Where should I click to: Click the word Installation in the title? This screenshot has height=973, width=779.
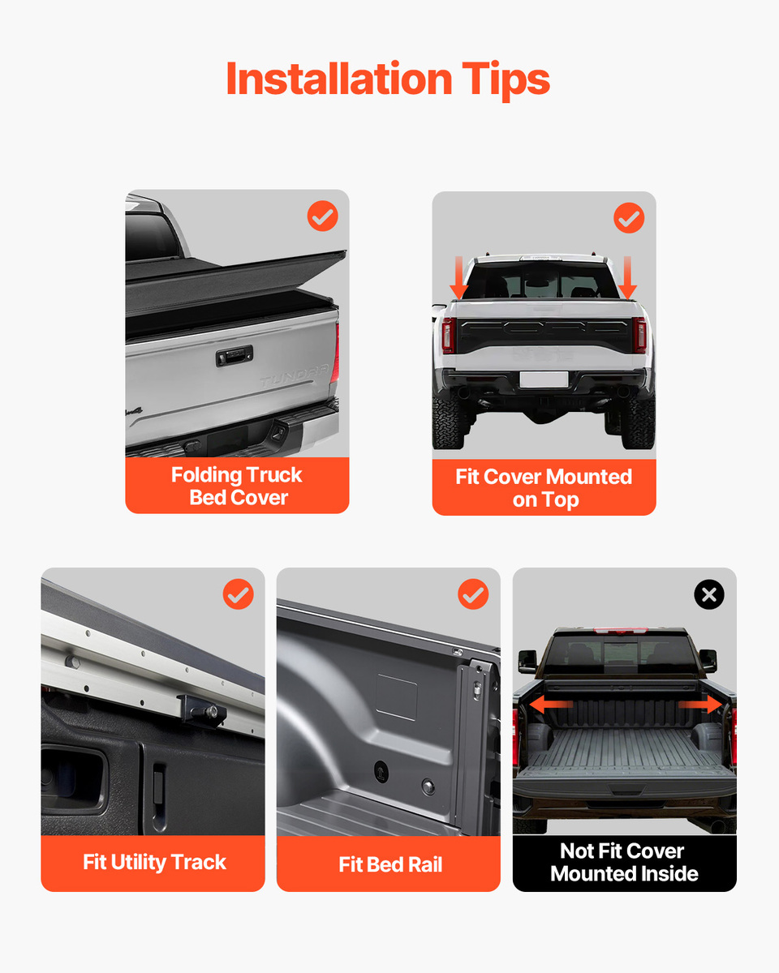coord(339,79)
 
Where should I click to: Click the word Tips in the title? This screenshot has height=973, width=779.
coord(506,80)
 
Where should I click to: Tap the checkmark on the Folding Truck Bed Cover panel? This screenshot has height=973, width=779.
coord(323,216)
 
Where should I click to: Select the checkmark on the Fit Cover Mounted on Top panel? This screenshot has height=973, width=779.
coord(629,218)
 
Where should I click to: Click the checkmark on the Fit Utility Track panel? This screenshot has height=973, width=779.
coord(238,594)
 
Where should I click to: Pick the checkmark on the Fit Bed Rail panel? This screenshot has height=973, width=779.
coord(473,594)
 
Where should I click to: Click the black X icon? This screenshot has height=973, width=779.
coord(709,594)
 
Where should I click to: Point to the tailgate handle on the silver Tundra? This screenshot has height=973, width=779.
coord(234,355)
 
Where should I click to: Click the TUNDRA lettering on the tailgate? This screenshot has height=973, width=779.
coord(295,375)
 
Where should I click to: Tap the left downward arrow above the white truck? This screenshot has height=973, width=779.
coord(459,277)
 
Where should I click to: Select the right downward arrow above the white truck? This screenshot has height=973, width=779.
coord(627,277)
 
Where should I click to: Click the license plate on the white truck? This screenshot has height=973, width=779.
coord(544,379)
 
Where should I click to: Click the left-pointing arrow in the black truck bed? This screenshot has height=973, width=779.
coord(551,705)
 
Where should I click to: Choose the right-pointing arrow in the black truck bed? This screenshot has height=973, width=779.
coord(699,705)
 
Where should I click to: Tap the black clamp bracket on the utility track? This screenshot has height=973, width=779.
coord(202,711)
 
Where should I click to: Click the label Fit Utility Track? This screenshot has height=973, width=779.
coord(154,863)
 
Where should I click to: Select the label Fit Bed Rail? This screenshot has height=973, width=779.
coord(390,864)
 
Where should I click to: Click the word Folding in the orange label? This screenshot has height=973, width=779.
coord(206,476)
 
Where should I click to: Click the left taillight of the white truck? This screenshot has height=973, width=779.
coord(448,335)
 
